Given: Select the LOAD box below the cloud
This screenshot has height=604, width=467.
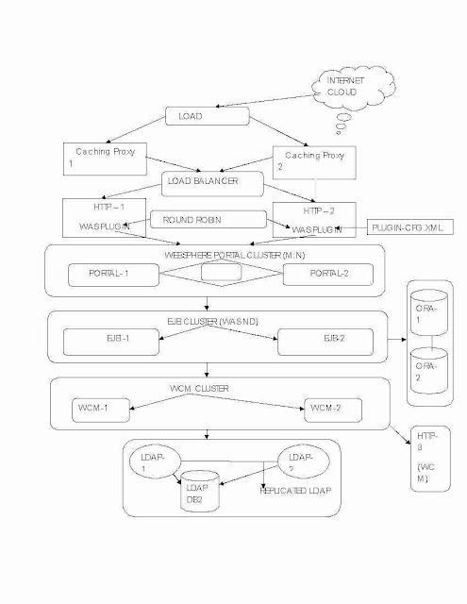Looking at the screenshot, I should pyautogui.click(x=207, y=116).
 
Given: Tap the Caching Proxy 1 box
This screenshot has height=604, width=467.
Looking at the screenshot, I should pyautogui.click(x=105, y=159).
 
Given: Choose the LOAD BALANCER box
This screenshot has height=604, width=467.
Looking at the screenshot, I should pyautogui.click(x=213, y=181).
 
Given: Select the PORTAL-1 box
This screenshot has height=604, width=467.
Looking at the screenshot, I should pyautogui.click(x=108, y=275).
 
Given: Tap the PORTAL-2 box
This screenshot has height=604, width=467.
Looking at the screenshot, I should pyautogui.click(x=327, y=275).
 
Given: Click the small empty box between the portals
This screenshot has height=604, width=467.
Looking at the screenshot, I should pyautogui.click(x=222, y=272).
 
